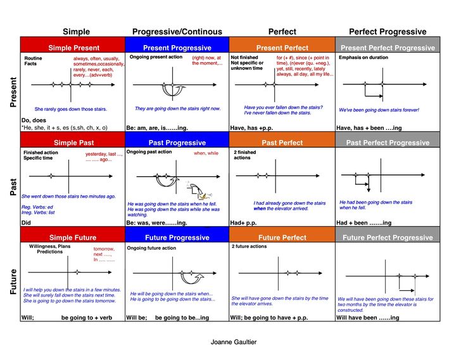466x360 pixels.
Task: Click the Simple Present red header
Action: (x=73, y=48)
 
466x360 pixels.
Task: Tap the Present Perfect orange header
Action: (x=282, y=48)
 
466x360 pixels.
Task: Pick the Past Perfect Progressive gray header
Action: (x=387, y=143)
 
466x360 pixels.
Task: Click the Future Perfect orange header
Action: (x=282, y=238)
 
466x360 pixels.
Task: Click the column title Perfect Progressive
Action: (x=387, y=31)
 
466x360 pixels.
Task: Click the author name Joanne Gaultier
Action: (x=234, y=342)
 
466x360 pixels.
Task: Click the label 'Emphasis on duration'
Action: (x=363, y=58)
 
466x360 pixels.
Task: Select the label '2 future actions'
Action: (x=251, y=246)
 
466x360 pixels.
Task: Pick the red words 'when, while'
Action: (x=206, y=153)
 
